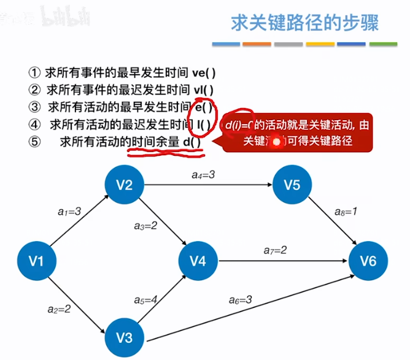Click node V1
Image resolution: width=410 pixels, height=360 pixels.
[x=37, y=261]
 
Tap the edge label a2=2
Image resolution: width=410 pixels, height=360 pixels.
[x=59, y=308]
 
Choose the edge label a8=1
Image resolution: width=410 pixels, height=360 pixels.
[x=347, y=211]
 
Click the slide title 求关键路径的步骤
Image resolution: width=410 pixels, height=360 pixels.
[x=304, y=23]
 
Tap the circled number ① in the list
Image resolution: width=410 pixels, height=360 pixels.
[x=34, y=72]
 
